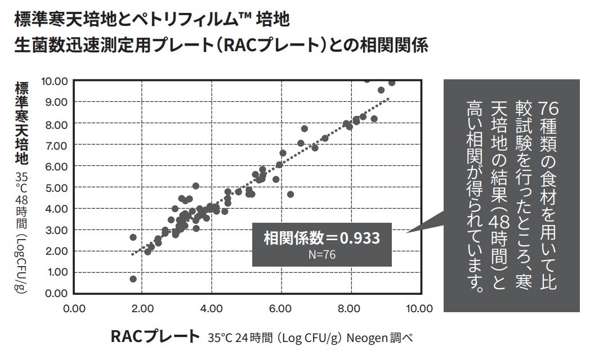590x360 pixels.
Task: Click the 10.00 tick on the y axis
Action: tap(55, 80)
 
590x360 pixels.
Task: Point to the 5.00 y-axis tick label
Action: tap(57, 187)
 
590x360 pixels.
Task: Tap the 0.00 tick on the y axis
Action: tap(57, 293)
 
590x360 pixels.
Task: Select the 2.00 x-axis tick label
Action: tap(142, 308)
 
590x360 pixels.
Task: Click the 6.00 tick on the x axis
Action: tap(280, 308)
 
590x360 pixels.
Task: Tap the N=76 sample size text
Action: tap(322, 255)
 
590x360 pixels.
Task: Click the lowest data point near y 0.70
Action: tap(133, 279)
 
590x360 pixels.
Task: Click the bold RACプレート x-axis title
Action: tap(155, 337)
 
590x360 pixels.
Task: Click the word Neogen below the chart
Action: tap(365, 339)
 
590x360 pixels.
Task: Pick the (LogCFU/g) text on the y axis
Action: tap(21, 264)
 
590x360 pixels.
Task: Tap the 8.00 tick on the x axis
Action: tap(350, 308)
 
